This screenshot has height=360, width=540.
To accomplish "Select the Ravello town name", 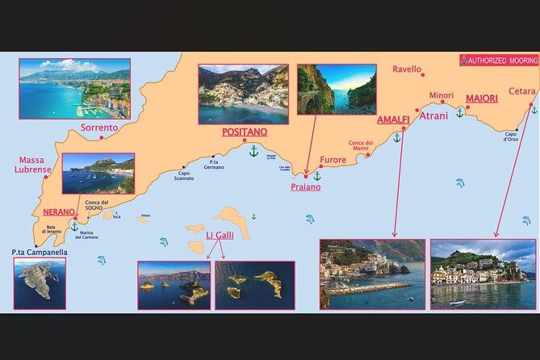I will coord(407,69).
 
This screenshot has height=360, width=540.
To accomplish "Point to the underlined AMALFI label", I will coord(393,120).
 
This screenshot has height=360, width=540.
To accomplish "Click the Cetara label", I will coord(522,91).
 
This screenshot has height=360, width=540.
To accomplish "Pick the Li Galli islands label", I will coord(220,235).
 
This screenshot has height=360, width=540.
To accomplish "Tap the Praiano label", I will coord(305,186).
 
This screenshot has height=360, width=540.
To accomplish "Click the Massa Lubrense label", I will coord(33,165).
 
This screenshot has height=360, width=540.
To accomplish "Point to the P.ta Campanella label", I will coord(40,252).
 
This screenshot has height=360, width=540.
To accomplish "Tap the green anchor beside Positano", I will coord(253,151).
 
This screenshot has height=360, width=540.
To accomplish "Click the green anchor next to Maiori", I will coord(460,112).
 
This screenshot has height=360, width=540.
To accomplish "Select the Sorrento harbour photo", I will coord(74,89).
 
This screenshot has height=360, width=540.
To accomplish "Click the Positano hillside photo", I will coord(243,94).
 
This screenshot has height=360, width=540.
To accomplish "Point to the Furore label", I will coord(333,160).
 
